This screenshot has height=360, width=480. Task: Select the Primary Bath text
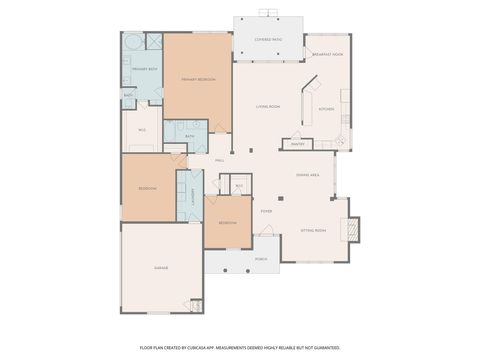click(146, 69)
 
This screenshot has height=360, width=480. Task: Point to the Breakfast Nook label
click(328, 53)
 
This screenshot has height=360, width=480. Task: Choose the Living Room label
click(267, 106)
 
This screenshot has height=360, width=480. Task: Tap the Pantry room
click(298, 144)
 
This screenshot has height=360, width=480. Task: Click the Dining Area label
click(307, 175)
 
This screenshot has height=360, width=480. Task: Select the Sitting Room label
click(313, 230)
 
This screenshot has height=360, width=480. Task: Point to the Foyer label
click(266, 212)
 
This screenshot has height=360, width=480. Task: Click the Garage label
click(160, 268)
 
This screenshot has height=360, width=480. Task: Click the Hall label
click(219, 160)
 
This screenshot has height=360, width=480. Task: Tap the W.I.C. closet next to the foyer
click(238, 186)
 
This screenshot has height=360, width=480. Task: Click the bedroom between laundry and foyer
click(227, 222)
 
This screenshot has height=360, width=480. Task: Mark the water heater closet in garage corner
click(196, 304)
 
